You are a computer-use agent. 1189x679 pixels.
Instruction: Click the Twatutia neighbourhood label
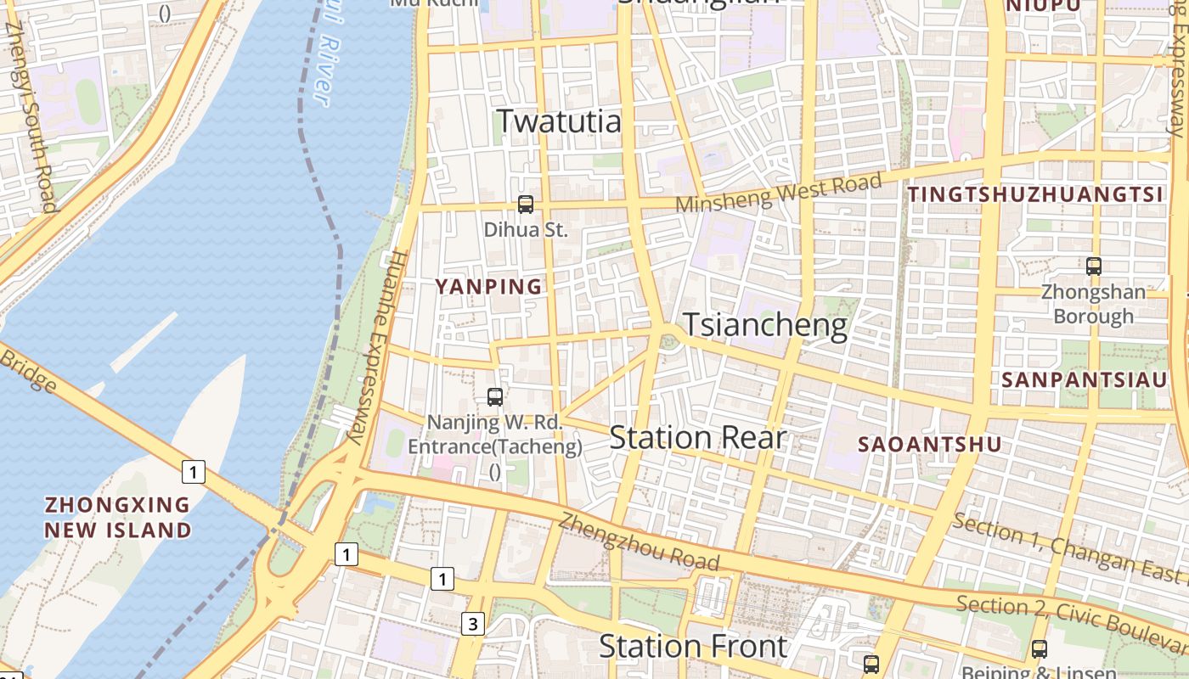(x=559, y=121)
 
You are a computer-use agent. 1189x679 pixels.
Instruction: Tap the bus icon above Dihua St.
(x=526, y=204)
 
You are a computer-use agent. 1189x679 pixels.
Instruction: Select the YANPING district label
(x=488, y=287)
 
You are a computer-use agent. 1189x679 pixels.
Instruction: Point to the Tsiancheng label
(x=765, y=325)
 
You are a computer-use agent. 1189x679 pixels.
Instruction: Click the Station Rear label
(x=697, y=438)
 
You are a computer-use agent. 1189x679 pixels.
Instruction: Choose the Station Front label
(x=693, y=647)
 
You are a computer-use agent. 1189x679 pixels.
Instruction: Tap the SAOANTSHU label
(x=929, y=444)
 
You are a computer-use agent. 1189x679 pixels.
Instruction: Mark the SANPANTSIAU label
(x=1085, y=379)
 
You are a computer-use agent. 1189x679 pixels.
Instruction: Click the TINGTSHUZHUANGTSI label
(x=1034, y=194)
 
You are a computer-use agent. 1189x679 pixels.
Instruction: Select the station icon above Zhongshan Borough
(x=1094, y=266)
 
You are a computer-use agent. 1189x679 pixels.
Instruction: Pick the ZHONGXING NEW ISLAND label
(x=118, y=517)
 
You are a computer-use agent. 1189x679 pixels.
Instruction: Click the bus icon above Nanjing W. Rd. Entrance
(x=495, y=396)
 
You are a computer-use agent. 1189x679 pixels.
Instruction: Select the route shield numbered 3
(x=473, y=625)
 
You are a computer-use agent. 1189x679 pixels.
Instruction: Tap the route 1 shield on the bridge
(x=194, y=471)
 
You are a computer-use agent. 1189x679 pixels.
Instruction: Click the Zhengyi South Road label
(x=31, y=119)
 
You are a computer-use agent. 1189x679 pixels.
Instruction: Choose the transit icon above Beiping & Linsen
(x=1039, y=649)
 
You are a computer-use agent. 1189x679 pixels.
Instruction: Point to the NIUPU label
(x=1043, y=7)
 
